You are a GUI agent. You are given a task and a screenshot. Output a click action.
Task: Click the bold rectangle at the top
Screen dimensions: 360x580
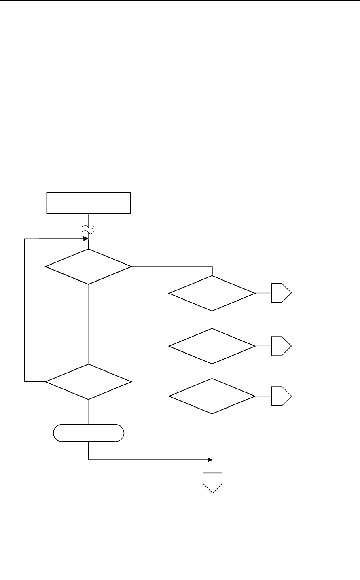coord(89,203)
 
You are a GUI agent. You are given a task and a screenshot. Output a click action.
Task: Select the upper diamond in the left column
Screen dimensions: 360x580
coord(88,267)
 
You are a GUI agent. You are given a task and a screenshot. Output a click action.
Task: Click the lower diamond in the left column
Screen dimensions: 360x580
coord(88,381)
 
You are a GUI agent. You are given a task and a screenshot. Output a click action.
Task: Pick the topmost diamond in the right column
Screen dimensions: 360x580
coord(212,293)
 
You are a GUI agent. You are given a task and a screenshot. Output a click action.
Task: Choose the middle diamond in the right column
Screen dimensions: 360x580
coord(212,346)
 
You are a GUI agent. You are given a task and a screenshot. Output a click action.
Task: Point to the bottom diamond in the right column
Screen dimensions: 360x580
coord(212,396)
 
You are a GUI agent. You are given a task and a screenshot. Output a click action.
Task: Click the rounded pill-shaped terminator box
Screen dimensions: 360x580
coord(88,433)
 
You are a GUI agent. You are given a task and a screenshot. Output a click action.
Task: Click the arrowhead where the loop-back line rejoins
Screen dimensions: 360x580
coord(86,239)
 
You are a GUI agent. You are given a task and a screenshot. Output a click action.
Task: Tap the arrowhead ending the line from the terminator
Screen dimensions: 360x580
coord(210,460)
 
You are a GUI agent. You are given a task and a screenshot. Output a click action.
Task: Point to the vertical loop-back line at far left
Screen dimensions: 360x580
coord(25,309)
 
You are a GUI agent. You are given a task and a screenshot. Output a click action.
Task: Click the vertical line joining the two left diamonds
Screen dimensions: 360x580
coord(88,324)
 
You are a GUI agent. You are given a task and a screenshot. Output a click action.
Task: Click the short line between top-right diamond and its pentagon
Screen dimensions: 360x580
coord(263,293)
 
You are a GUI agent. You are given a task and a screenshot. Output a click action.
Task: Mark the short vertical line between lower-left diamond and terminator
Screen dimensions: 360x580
coord(88,412)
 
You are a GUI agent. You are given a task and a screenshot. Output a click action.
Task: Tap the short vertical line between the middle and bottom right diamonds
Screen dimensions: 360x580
coord(212,371)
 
